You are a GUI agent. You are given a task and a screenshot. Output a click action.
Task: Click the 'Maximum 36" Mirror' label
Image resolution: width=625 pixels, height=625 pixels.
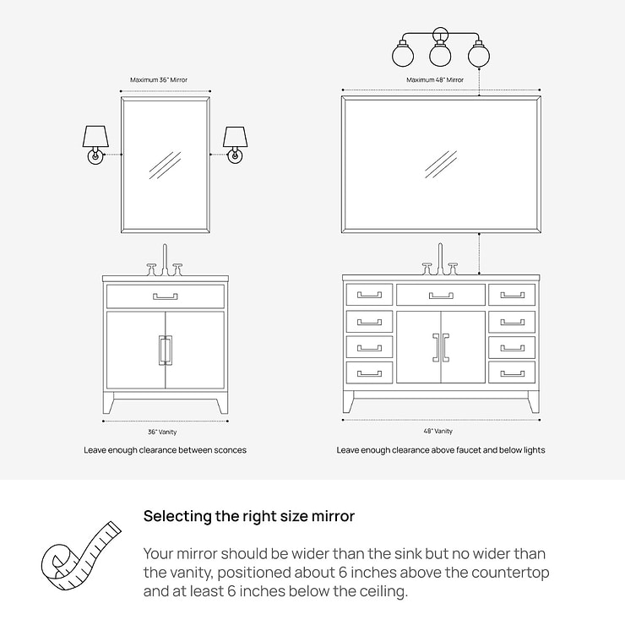pos(159,79)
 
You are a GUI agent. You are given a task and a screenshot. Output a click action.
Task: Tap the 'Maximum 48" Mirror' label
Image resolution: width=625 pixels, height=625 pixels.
pos(435,79)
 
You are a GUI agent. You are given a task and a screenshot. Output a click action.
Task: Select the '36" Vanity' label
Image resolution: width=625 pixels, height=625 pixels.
pos(162,432)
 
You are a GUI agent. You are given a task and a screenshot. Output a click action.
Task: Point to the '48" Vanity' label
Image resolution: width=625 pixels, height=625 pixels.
pos(438,431)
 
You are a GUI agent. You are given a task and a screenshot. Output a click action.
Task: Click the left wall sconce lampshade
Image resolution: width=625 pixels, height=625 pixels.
pos(95,137)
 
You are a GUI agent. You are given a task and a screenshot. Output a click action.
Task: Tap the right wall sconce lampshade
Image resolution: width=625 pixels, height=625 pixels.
pos(235,137)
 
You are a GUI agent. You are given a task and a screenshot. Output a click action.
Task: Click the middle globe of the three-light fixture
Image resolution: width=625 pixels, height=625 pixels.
pos(440,55)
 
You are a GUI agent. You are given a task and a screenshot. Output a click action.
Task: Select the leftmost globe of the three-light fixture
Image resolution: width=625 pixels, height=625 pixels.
pos(403,55)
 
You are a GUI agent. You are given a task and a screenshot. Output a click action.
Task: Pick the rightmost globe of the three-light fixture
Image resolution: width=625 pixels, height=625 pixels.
pos(479,55)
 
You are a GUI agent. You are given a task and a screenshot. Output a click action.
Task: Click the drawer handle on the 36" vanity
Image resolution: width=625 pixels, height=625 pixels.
pos(166,296)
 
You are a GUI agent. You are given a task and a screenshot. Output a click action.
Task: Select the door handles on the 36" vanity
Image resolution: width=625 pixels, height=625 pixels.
pos(166,351)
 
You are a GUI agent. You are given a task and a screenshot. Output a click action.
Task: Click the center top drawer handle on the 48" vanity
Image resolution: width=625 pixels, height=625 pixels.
pos(441,296)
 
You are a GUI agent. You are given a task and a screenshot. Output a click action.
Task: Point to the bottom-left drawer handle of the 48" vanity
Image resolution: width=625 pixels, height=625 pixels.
pos(369,373)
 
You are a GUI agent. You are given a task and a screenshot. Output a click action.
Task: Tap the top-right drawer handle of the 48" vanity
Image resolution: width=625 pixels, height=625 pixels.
pos(512,295)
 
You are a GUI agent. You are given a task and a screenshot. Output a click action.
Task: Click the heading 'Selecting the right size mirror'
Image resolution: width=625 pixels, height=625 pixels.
pos(249,516)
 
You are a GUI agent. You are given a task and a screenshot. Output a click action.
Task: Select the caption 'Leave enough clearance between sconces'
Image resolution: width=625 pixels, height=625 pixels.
pos(165,450)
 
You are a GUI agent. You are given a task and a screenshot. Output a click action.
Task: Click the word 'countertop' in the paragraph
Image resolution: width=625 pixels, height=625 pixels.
pos(511,573)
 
